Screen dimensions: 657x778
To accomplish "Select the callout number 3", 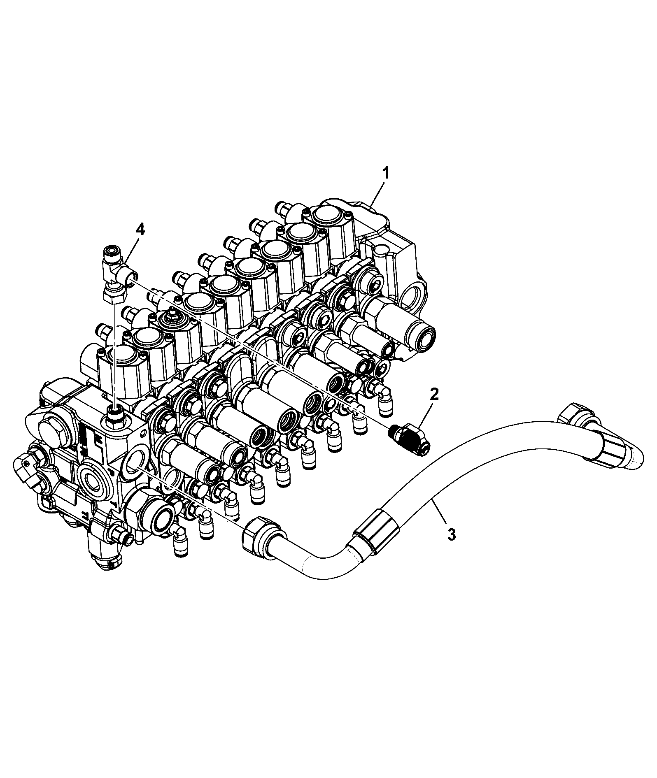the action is pyautogui.click(x=452, y=534).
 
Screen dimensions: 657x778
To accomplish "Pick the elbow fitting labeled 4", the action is pyautogui.click(x=116, y=274).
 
